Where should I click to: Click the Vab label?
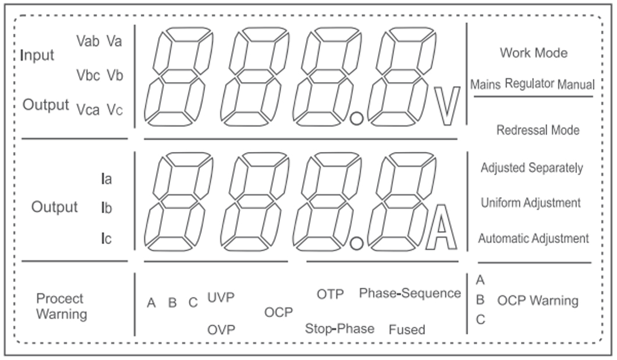(x=88, y=41)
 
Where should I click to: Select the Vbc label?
(x=88, y=75)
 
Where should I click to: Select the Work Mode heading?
(x=533, y=53)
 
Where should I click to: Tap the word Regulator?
(x=529, y=83)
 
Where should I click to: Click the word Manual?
(x=576, y=84)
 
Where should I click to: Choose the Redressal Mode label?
(x=537, y=130)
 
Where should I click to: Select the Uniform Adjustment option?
(x=530, y=203)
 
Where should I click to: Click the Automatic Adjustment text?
(x=533, y=238)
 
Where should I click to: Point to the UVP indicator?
(x=221, y=298)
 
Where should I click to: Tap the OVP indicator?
(x=221, y=330)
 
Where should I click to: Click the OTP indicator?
(x=330, y=294)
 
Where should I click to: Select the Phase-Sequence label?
(x=410, y=293)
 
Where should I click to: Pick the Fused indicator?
(x=407, y=330)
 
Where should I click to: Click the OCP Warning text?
(x=537, y=301)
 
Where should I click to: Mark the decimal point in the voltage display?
(x=357, y=119)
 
